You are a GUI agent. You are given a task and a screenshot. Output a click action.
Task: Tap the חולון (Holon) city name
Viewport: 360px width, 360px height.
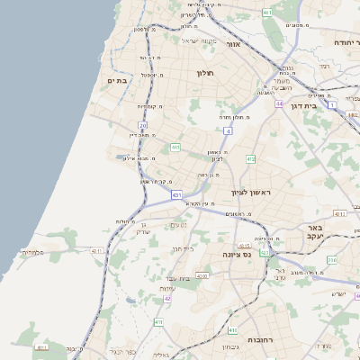tap(208, 73)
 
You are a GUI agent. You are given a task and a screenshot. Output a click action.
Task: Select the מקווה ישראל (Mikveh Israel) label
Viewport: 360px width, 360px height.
tap(200, 40)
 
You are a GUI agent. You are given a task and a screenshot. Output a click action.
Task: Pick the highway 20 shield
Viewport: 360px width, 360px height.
tap(142, 125)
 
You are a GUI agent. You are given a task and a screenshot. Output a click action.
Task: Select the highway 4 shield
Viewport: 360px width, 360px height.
tap(228, 131)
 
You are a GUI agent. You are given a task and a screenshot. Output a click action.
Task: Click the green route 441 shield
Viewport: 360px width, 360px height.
tap(175, 148)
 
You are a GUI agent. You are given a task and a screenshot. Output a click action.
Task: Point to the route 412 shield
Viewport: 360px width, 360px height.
tap(250, 159)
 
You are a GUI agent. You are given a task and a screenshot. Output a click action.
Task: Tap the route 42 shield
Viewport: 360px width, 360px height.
tap(167, 297)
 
